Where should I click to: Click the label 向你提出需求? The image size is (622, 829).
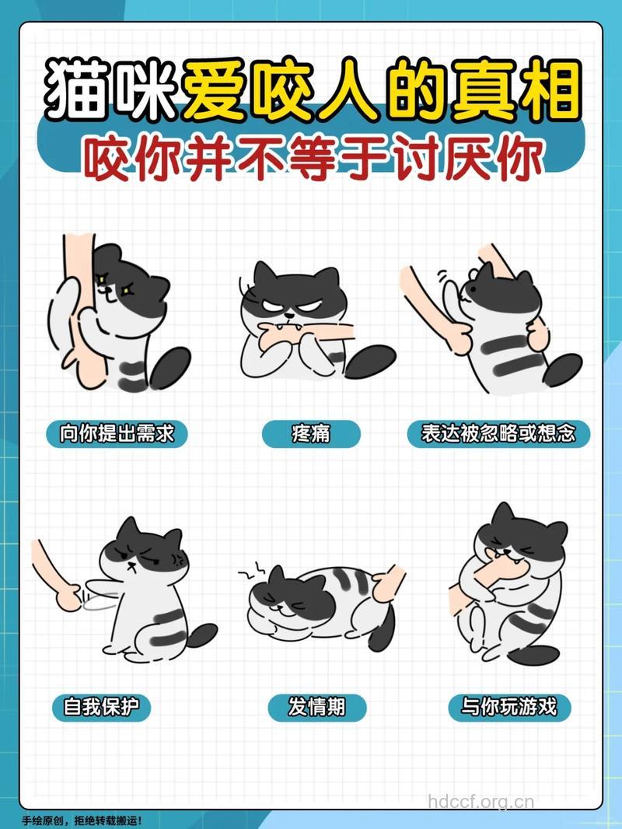pos(117,433)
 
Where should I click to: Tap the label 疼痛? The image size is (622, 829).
pos(311,433)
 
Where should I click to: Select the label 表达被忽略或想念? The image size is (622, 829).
pos(498,433)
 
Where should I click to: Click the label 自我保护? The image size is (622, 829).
pos(107,707)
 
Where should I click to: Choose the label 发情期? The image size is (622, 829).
pos(316,707)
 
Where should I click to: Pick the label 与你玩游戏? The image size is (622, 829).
pos(509,707)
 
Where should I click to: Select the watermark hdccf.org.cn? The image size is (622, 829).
pos(482,802)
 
